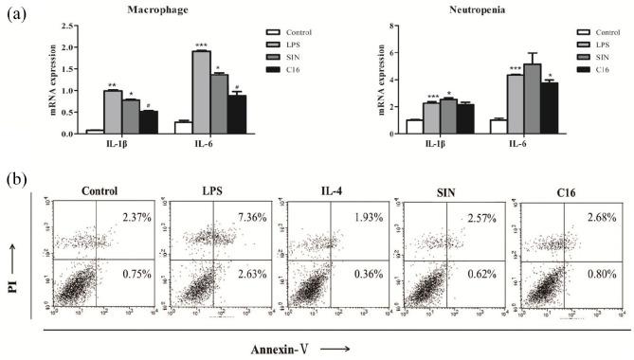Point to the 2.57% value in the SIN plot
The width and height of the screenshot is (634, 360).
(469, 219)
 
